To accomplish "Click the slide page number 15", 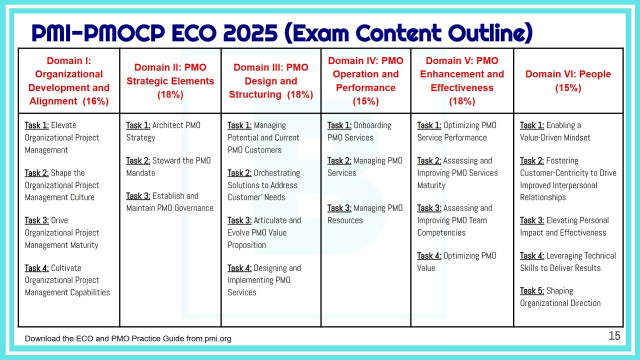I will pyautogui.click(x=614, y=336).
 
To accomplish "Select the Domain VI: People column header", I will pyautogui.click(x=568, y=81).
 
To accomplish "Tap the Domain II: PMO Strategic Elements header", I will pyautogui.click(x=170, y=81).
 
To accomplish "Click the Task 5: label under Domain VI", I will pyautogui.click(x=532, y=291).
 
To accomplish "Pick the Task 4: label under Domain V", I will pyautogui.click(x=429, y=256).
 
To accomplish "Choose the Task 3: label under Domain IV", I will pyautogui.click(x=339, y=208).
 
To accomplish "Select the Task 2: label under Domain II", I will pyautogui.click(x=138, y=161).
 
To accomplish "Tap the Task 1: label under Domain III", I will pyautogui.click(x=239, y=125).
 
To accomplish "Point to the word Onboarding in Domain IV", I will pyautogui.click(x=372, y=125).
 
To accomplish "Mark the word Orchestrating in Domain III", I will pyautogui.click(x=277, y=173).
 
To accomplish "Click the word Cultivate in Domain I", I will pyautogui.click(x=66, y=268).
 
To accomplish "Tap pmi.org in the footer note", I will pyautogui.click(x=218, y=339).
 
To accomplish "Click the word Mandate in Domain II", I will pyautogui.click(x=140, y=173).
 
